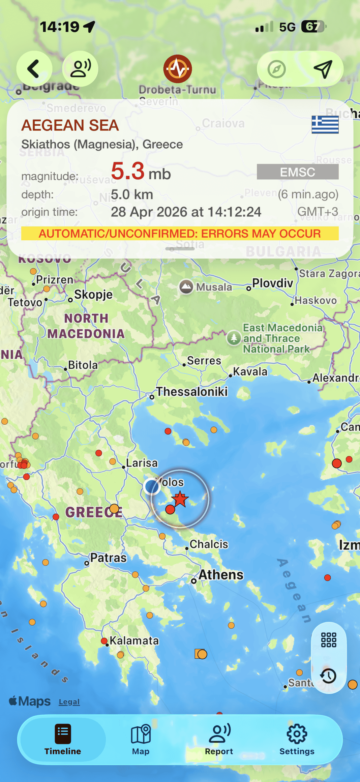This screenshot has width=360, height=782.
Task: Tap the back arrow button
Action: point(34,69)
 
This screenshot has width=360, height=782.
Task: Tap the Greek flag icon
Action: point(325,124)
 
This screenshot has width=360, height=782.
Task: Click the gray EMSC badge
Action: point(298,172)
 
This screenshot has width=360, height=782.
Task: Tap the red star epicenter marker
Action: point(180,499)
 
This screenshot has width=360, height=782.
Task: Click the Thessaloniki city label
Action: point(192,392)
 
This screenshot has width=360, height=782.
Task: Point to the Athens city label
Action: point(221,575)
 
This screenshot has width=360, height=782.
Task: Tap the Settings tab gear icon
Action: point(297,733)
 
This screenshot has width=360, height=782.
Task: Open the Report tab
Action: point(219,740)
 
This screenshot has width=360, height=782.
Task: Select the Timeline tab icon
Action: point(63,733)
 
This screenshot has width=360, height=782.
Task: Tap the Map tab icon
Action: point(141,733)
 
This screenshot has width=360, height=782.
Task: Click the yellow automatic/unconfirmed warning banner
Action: point(180,233)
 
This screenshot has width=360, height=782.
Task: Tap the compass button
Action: point(277,69)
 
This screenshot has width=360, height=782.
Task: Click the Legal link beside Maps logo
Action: point(69,702)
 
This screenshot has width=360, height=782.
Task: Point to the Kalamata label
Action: point(134,640)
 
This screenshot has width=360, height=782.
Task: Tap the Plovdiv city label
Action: point(273,283)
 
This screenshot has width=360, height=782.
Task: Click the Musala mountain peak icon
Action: point(186,287)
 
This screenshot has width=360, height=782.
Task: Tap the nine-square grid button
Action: point(329,640)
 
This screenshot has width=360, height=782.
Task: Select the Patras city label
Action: point(108,558)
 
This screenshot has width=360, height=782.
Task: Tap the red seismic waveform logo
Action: point(178,69)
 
